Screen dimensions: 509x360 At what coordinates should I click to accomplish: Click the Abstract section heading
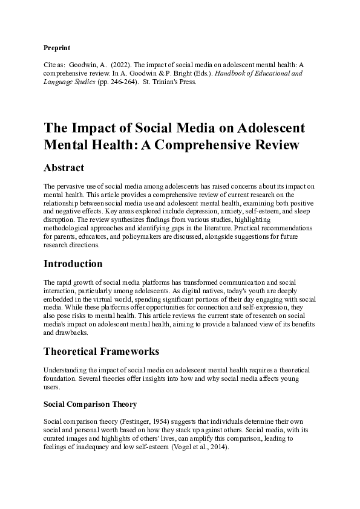[x=64, y=167]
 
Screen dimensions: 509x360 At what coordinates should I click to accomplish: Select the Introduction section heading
[x=73, y=264]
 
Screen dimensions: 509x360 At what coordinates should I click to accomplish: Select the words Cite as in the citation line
[x=56, y=62]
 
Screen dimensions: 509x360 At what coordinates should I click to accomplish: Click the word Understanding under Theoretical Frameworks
[x=67, y=370]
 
